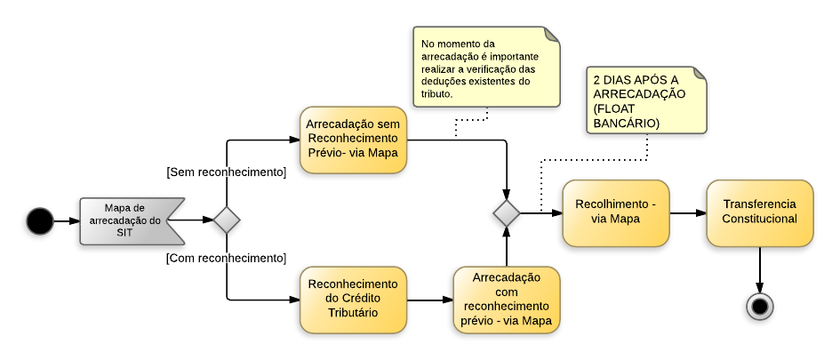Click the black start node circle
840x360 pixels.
(39, 220)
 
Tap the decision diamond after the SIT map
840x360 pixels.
(227, 220)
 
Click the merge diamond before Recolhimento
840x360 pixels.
(507, 213)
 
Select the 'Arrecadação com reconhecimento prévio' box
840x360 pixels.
(507, 299)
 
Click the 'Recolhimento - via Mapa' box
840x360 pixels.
(615, 213)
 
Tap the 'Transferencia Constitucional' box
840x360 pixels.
(759, 212)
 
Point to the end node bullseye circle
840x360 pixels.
(759, 307)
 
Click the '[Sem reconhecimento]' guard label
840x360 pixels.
(226, 172)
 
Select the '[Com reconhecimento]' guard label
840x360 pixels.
(226, 258)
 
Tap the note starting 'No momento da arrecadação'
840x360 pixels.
(485, 68)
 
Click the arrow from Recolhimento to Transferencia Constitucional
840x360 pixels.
(687, 213)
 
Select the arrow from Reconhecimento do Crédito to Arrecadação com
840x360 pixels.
(430, 300)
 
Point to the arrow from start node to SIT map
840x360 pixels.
(66, 220)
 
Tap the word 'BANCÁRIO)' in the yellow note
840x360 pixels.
(626, 123)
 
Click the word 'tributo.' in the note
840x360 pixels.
(437, 93)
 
